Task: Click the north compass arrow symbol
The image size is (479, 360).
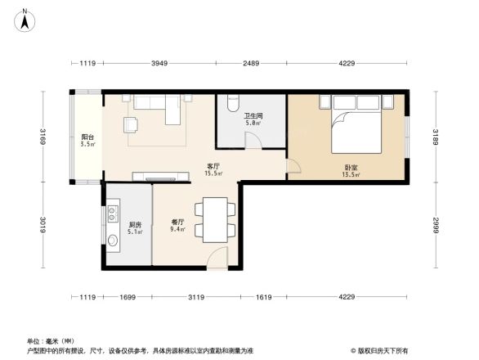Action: pos(25,20)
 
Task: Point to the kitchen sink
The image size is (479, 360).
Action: pos(113,241)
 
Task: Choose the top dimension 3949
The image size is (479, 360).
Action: pos(159,64)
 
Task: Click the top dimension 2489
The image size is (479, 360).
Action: pos(251,64)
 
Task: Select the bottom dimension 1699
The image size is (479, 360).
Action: pos(126,297)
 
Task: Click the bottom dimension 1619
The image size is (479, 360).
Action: pos(263,297)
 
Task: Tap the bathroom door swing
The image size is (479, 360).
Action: pos(253,140)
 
